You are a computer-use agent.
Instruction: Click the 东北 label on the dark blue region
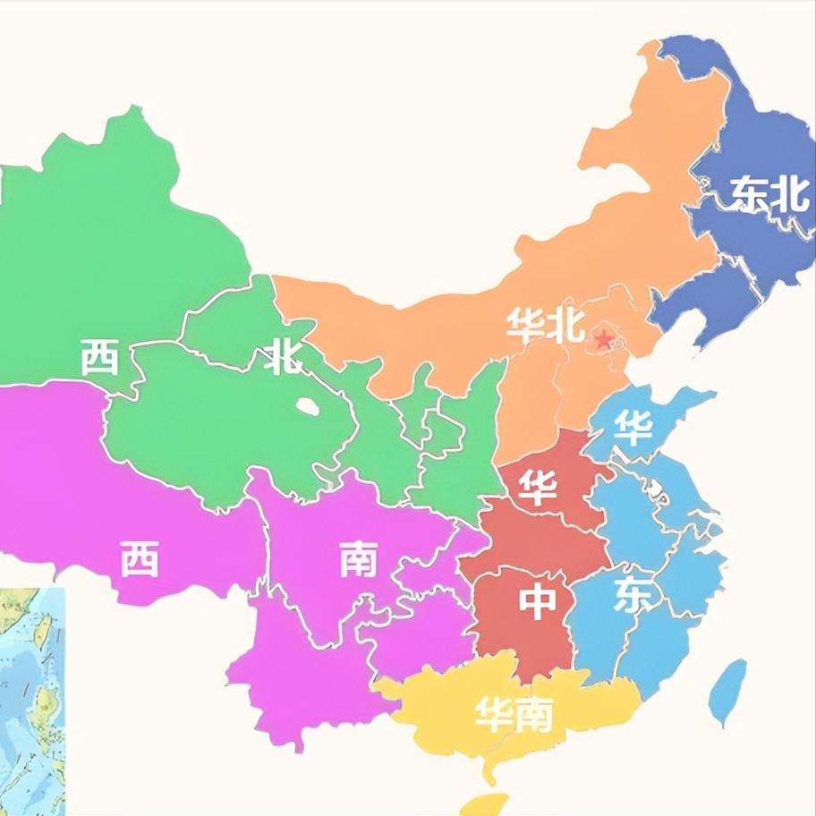point(769,194)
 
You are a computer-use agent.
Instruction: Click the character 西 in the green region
point(99,357)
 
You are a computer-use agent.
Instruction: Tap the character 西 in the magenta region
point(140,560)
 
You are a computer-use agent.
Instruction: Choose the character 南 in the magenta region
point(358,560)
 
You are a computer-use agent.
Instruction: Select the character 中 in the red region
point(538,602)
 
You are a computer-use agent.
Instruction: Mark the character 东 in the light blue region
point(632,597)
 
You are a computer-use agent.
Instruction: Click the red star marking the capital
point(605,339)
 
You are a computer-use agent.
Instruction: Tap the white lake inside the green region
point(307,406)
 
